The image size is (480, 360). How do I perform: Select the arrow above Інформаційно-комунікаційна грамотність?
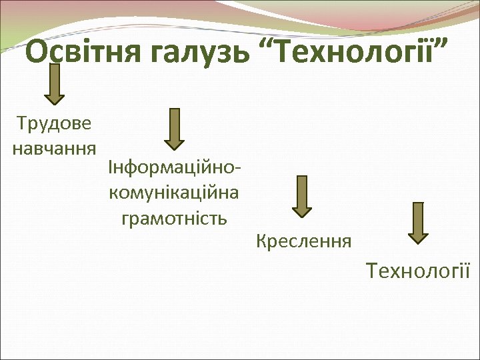tap(175, 129)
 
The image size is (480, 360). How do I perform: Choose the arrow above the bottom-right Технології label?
tap(418, 223)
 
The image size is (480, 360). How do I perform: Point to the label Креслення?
tap(303, 240)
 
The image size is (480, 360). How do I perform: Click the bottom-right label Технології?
tap(418, 271)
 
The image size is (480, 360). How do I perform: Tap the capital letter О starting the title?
tap(38, 51)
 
